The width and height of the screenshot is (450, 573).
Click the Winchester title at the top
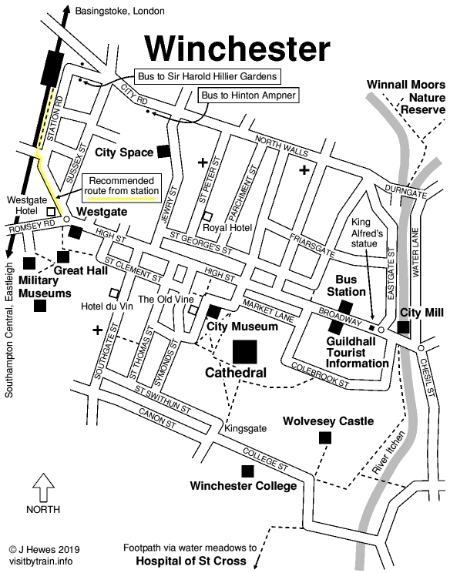tap(238, 48)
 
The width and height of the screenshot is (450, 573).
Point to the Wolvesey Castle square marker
tap(324, 437)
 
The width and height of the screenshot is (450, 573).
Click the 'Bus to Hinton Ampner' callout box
tap(247, 95)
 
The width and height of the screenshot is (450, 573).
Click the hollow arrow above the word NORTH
tap(43, 488)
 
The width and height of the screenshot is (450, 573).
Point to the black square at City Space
tap(163, 151)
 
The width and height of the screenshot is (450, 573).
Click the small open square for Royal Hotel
tap(207, 216)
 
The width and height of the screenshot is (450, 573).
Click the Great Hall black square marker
tap(62, 256)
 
